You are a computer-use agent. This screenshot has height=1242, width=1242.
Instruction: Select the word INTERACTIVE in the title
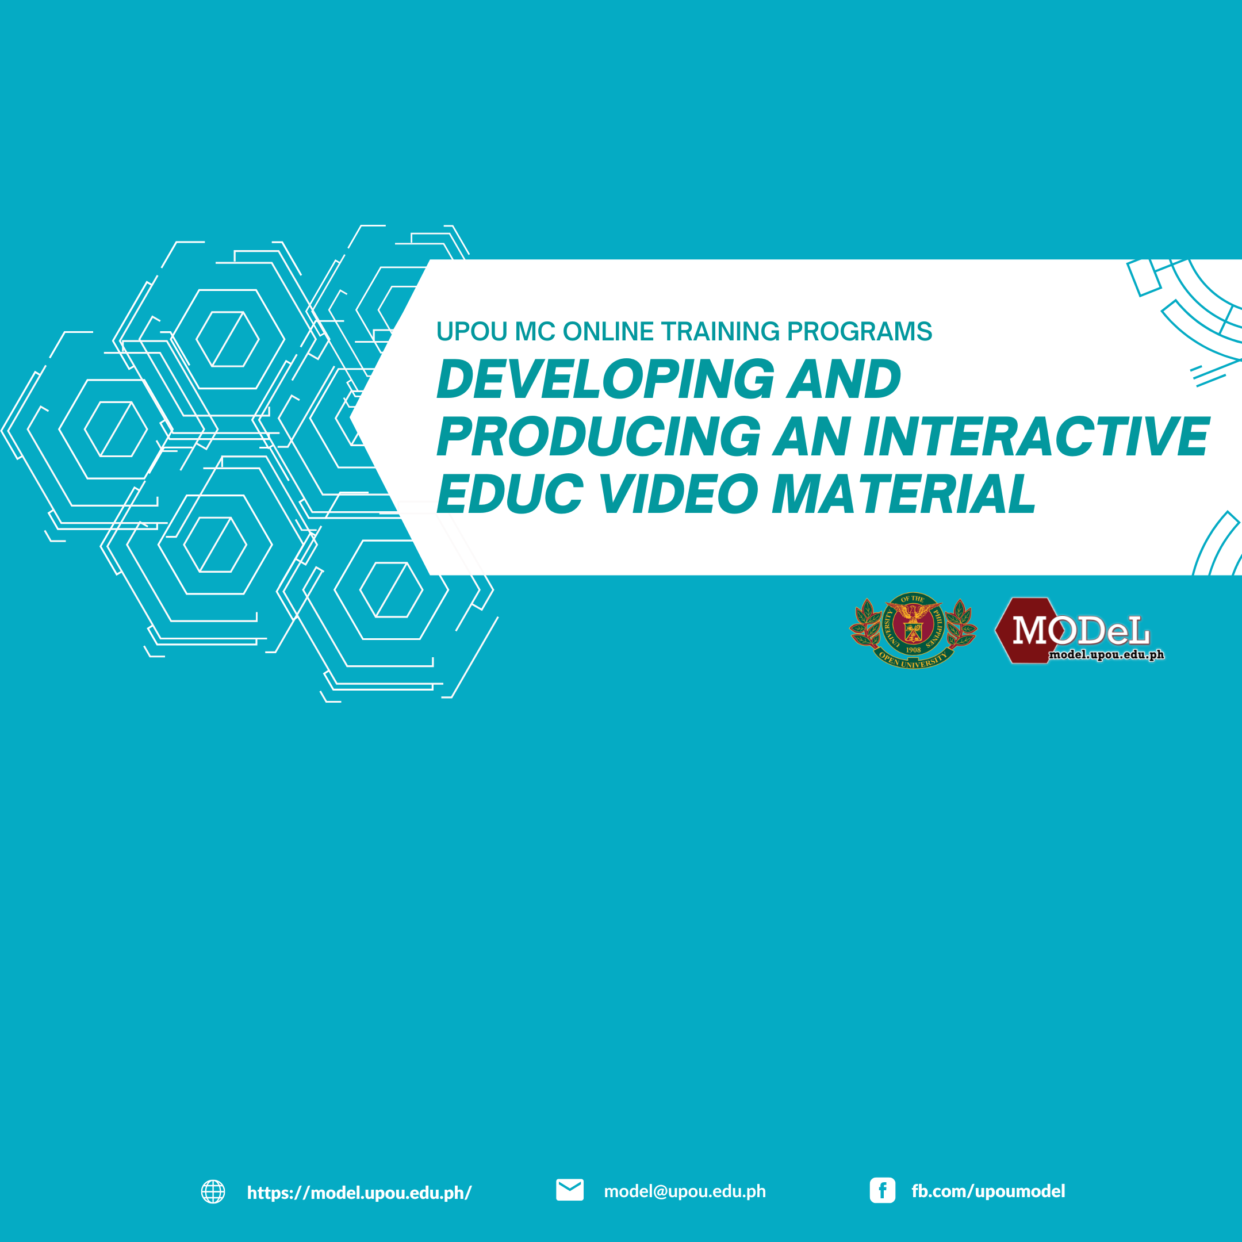(x=1036, y=436)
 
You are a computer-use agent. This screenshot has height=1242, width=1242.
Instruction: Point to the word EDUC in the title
(x=510, y=494)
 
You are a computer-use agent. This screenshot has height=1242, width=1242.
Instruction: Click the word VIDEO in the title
(x=679, y=494)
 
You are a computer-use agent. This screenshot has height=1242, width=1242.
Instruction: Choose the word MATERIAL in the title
(x=904, y=494)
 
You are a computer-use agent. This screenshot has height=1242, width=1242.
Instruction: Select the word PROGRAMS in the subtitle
(x=860, y=332)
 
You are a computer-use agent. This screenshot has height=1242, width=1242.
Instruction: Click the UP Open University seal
(x=913, y=630)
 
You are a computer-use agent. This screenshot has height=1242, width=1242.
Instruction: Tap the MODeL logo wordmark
(x=1080, y=631)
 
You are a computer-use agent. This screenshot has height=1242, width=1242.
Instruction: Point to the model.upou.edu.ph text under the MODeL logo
(x=1106, y=655)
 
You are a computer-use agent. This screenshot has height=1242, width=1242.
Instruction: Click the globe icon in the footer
(x=213, y=1191)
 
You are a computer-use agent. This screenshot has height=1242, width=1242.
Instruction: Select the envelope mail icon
(x=570, y=1190)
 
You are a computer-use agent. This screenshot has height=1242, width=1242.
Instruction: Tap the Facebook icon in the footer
(x=882, y=1191)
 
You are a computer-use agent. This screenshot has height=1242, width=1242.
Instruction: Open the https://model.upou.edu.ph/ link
(x=359, y=1193)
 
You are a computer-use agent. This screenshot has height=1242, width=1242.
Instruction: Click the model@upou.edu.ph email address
(x=685, y=1191)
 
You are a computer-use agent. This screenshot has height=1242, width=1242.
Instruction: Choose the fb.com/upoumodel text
(x=988, y=1191)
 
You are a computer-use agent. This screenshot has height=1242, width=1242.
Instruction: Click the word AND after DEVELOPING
(x=844, y=379)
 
